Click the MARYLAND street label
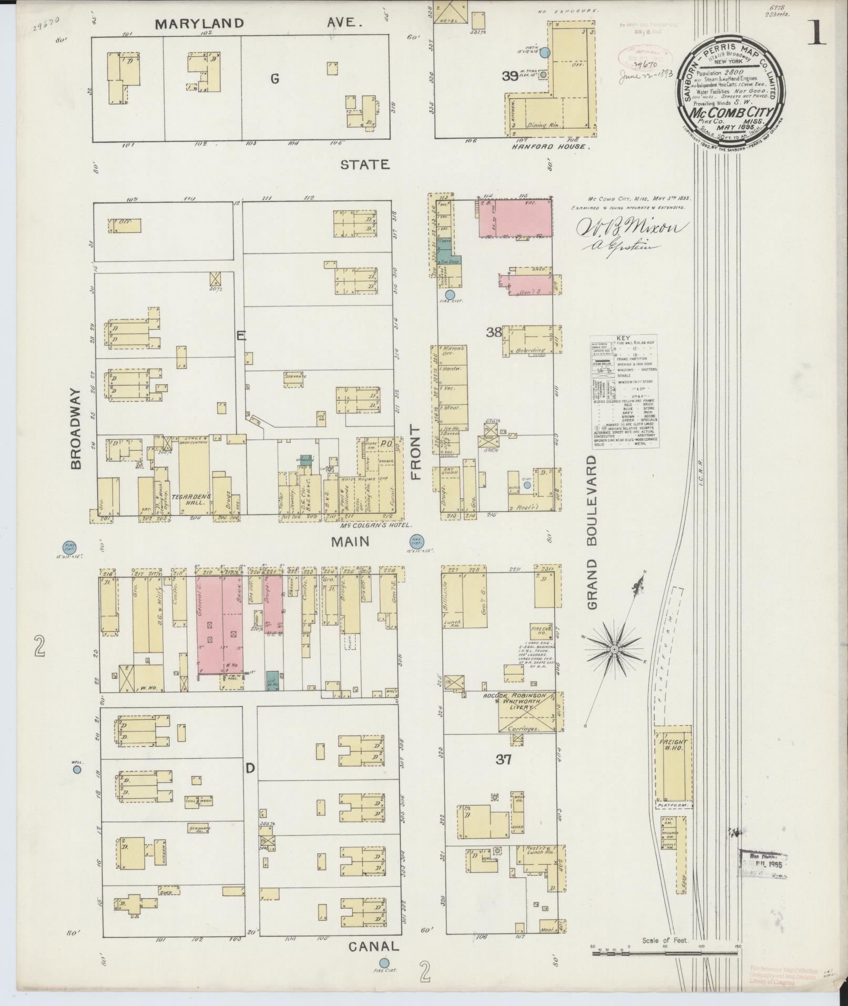(199, 23)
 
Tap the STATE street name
(365, 165)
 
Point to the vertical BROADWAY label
(77, 429)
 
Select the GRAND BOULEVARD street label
(592, 532)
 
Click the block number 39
(509, 76)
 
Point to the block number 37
(504, 759)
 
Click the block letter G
(274, 79)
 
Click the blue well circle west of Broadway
(77, 769)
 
